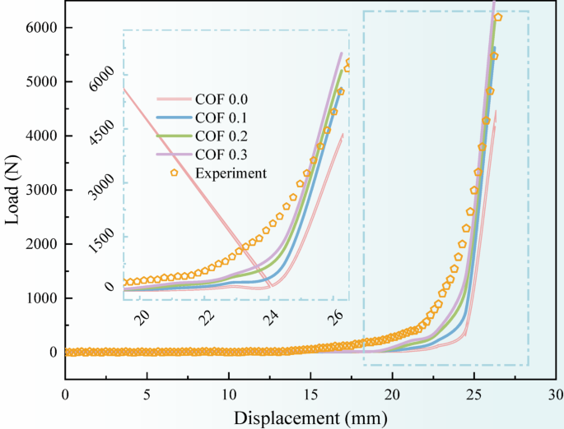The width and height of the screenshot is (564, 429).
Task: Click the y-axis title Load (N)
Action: pyautogui.click(x=15, y=188)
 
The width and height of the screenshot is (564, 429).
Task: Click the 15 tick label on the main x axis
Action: pyautogui.click(x=310, y=394)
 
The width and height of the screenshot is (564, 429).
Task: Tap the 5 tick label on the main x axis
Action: pyautogui.click(x=147, y=394)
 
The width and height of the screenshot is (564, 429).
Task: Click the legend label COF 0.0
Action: pyautogui.click(x=221, y=100)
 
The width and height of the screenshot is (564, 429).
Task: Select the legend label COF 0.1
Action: pyautogui.click(x=221, y=118)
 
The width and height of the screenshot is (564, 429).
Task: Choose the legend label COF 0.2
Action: pyautogui.click(x=221, y=136)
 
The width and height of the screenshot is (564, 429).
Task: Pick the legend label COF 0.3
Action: pyautogui.click(x=221, y=155)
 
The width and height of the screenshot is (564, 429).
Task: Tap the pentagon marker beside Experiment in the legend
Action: pyautogui.click(x=174, y=173)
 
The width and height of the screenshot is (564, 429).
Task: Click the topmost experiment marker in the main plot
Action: pyautogui.click(x=498, y=17)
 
